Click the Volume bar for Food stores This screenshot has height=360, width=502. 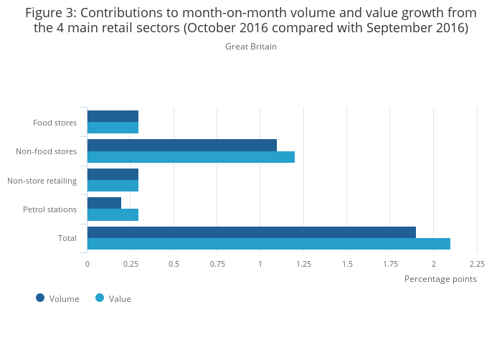tap(113, 116)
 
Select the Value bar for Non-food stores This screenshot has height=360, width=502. tap(191, 157)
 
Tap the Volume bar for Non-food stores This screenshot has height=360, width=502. tap(182, 145)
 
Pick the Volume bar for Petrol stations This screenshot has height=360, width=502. tap(104, 203)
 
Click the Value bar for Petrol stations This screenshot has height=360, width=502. tap(113, 214)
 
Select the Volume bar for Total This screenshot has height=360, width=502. tap(251, 232)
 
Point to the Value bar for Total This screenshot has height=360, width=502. tap(268, 244)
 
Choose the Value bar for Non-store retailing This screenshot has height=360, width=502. tap(113, 186)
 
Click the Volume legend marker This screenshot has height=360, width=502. tap(40, 298)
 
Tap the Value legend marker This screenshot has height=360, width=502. tap(100, 298)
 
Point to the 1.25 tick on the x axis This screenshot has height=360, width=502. tap(303, 264)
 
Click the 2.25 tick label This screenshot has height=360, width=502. tap(477, 264)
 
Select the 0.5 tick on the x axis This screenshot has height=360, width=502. tap(174, 264)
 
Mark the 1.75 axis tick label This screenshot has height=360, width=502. tap(390, 264)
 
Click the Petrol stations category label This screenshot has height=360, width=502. tap(49, 209)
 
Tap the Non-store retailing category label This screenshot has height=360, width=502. tap(42, 180)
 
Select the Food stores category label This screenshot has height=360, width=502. tap(55, 123)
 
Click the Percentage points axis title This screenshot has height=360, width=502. tap(440, 279)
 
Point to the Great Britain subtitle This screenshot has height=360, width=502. tap(251, 47)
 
